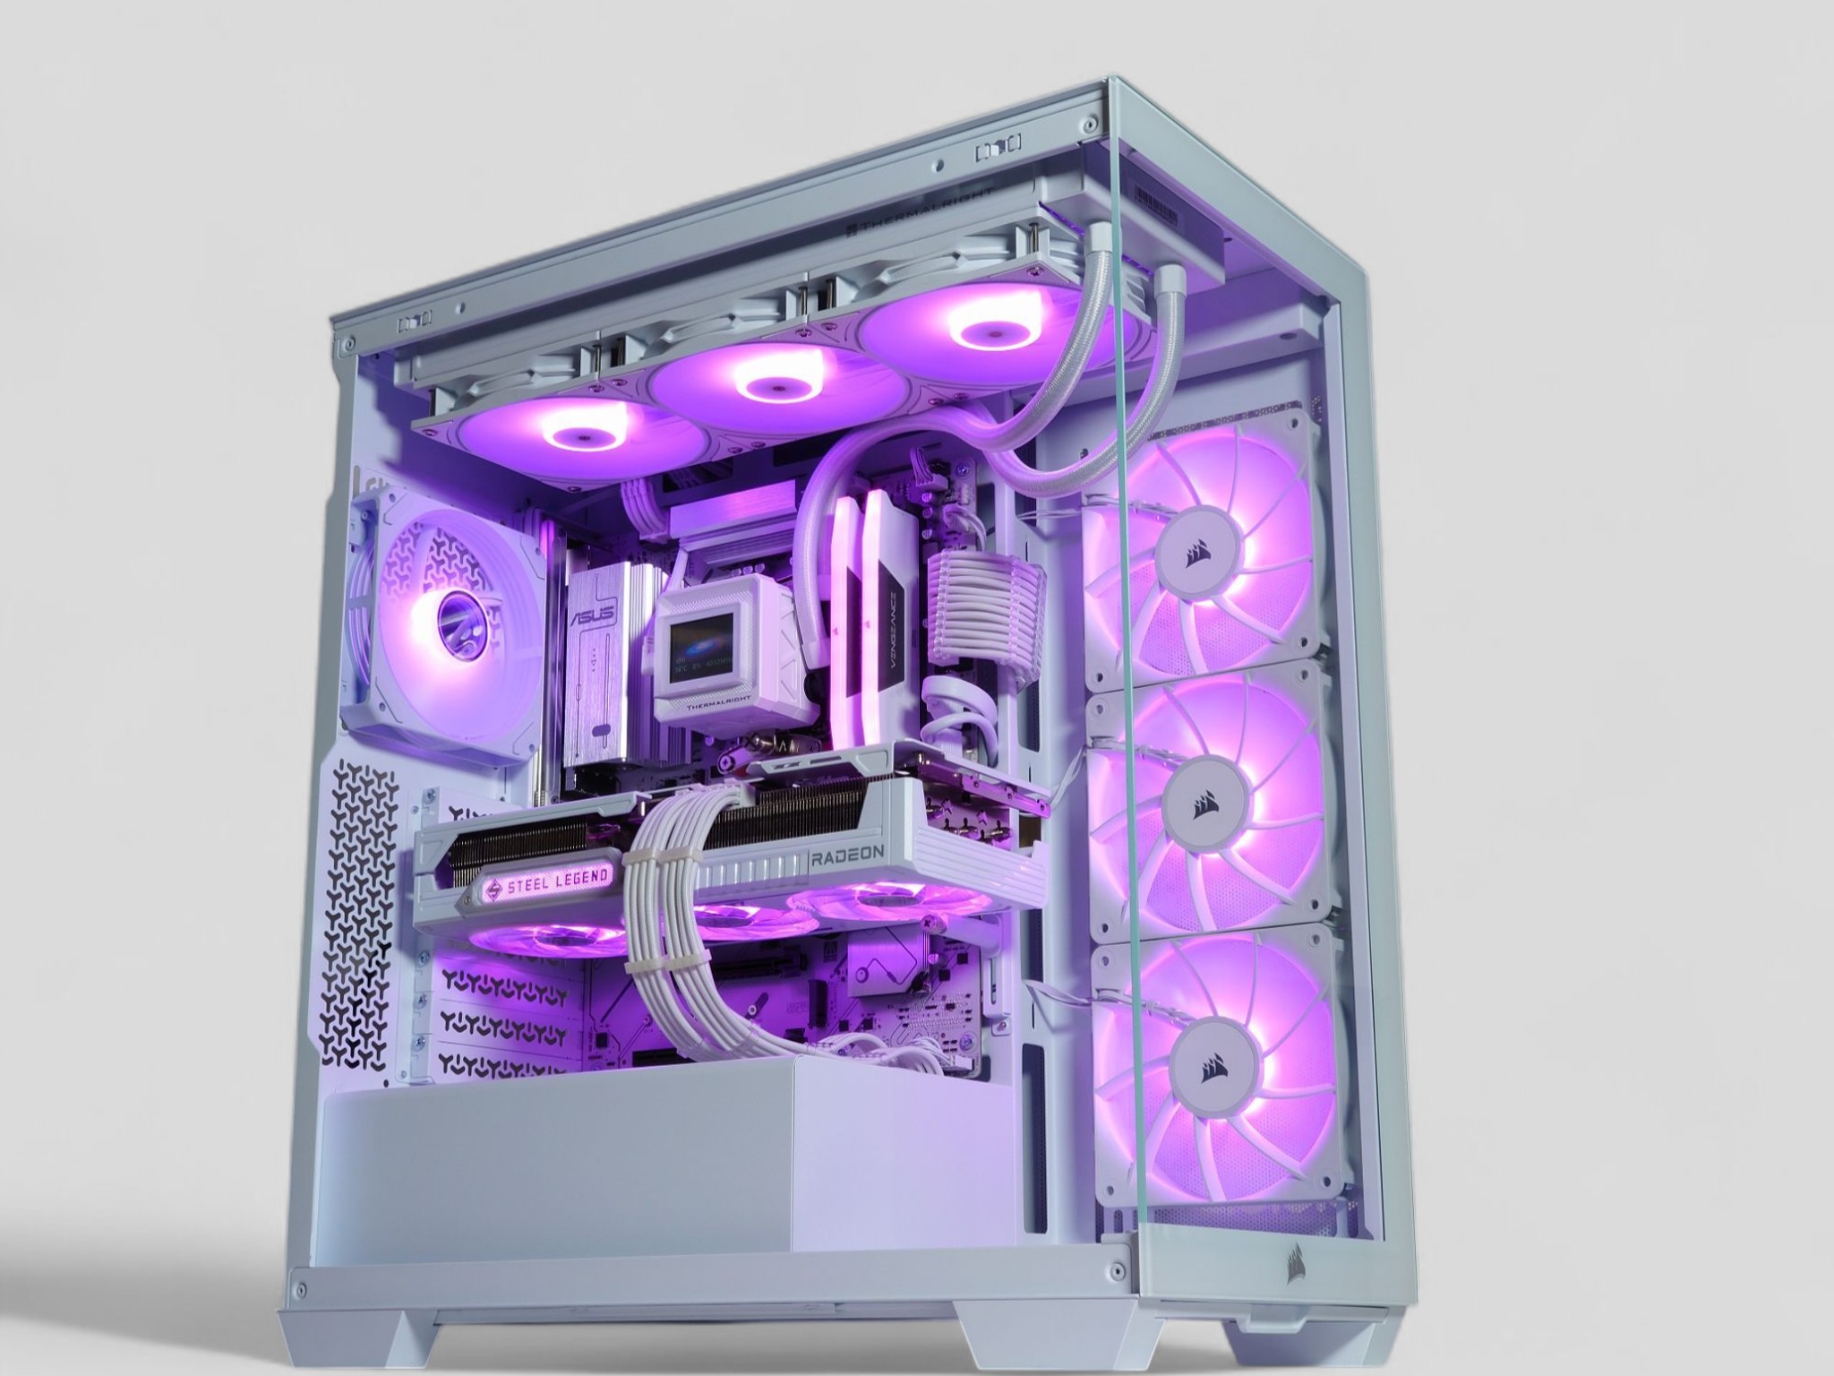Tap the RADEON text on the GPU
coord(847,857)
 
